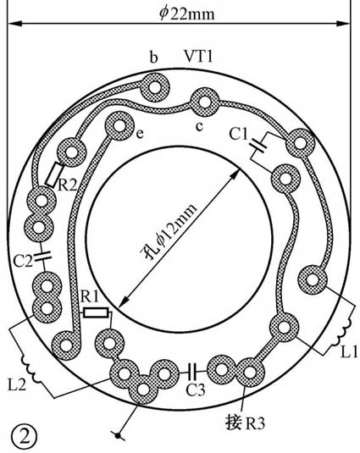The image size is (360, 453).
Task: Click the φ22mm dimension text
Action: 187,14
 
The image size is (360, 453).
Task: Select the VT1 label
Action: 198,56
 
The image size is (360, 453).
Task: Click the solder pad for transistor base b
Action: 154,87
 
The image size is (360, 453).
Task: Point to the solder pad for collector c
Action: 204,102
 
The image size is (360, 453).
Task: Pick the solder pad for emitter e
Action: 119,126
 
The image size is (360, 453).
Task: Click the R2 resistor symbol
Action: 53,174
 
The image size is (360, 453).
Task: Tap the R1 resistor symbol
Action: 97,313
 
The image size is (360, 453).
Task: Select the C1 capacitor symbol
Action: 258,146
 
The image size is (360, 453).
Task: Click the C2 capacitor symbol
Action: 42,256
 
